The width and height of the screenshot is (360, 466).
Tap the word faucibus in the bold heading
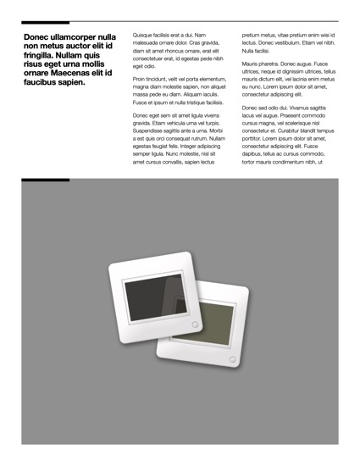coord(46,82)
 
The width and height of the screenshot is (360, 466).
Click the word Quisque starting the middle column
coord(145,35)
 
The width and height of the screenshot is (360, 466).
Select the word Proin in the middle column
coord(141,79)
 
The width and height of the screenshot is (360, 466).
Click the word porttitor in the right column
coord(254,138)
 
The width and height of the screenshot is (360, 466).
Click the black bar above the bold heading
coord(46,22)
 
